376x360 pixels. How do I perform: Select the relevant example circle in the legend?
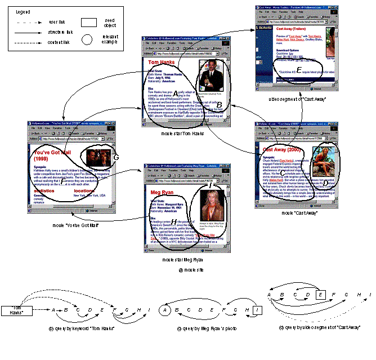87,39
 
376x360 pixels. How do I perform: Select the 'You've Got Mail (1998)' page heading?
53,155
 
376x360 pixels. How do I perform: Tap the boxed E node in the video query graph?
320,294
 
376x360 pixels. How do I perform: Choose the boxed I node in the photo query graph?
256,310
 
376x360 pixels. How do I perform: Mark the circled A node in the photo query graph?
165,310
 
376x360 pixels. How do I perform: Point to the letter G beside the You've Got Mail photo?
115,157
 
